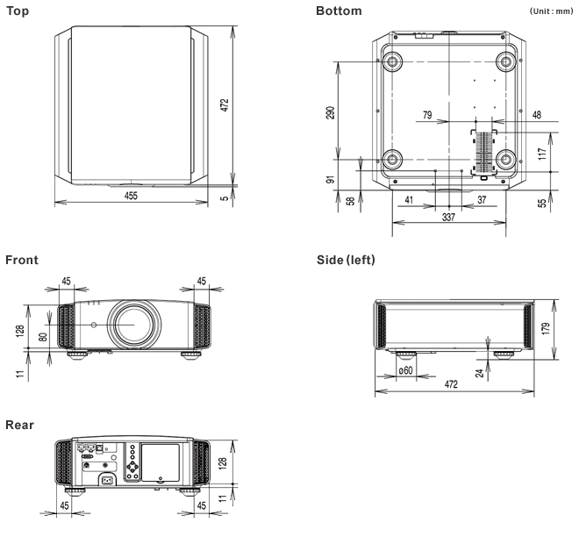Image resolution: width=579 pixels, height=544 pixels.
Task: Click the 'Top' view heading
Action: coord(18,11)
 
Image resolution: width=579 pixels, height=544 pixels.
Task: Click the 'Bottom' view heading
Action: coord(338,11)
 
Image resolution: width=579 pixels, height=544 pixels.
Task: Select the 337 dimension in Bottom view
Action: coord(448,217)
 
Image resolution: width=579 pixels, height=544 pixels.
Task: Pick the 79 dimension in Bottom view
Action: coord(427,115)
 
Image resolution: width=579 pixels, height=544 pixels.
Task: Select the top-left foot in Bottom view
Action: coord(391,61)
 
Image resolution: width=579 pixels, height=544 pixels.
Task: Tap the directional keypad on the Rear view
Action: coord(132,466)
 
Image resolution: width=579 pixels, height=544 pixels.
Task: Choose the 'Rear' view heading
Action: coord(20,426)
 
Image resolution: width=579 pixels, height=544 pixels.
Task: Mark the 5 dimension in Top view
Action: coord(225,197)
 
